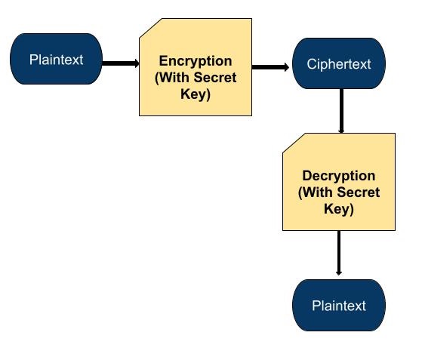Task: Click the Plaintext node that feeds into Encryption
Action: (x=56, y=59)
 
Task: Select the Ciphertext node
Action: (x=339, y=64)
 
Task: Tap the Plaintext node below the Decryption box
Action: (x=339, y=306)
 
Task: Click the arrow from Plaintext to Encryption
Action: (x=119, y=63)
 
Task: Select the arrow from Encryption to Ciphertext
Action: (x=269, y=67)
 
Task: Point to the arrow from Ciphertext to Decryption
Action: (x=341, y=110)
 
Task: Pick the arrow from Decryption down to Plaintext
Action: (x=339, y=254)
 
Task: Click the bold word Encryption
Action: (x=196, y=61)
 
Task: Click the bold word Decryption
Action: (x=339, y=176)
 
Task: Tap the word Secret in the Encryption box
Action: (x=216, y=78)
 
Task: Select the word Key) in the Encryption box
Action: (x=196, y=94)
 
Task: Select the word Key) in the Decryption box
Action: (x=339, y=209)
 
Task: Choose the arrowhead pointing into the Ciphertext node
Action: (x=286, y=67)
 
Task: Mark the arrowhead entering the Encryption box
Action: (x=136, y=63)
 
